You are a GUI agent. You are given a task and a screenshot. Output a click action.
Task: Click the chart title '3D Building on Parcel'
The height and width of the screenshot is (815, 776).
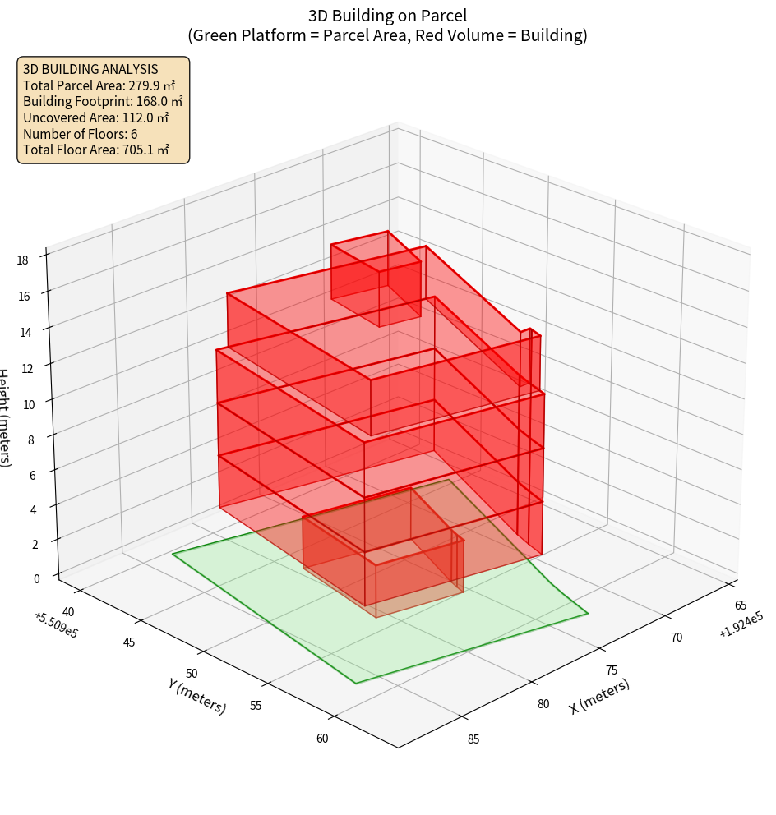pyautogui.click(x=387, y=15)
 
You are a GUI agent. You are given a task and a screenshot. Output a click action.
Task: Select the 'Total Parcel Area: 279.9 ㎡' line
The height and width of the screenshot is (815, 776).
pyautogui.click(x=99, y=85)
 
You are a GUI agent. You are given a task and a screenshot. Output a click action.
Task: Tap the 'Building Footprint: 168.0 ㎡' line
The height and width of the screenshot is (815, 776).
pyautogui.click(x=103, y=101)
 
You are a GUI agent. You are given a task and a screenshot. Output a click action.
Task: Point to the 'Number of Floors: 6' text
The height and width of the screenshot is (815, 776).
pyautogui.click(x=81, y=134)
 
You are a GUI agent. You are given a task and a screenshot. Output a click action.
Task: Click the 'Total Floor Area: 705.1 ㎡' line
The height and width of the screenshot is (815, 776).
pyautogui.click(x=96, y=150)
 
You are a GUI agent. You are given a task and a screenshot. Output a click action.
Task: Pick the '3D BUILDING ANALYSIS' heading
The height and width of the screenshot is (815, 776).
pyautogui.click(x=90, y=69)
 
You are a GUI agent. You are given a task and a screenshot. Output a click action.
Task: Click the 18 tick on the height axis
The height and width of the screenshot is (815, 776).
pyautogui.click(x=22, y=260)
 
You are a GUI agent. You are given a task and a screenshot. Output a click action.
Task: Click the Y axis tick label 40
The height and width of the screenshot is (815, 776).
pyautogui.click(x=68, y=611)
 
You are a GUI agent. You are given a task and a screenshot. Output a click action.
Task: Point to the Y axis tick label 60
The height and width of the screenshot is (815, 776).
pyautogui.click(x=321, y=738)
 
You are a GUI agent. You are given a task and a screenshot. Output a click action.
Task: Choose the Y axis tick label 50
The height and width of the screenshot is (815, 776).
pyautogui.click(x=192, y=673)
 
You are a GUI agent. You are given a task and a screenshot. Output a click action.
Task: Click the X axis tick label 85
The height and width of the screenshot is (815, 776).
pyautogui.click(x=473, y=739)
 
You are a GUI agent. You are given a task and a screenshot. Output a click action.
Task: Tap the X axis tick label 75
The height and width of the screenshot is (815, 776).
pyautogui.click(x=612, y=670)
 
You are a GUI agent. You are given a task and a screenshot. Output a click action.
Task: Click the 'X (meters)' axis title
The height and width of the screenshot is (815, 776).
pyautogui.click(x=599, y=696)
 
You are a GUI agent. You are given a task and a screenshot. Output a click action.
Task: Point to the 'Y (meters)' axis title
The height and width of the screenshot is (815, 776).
pyautogui.click(x=196, y=696)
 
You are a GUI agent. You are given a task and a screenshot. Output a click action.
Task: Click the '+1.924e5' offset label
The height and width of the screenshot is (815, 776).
pyautogui.click(x=741, y=630)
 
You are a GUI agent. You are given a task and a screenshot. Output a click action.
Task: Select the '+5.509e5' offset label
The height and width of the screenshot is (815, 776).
pyautogui.click(x=56, y=625)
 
